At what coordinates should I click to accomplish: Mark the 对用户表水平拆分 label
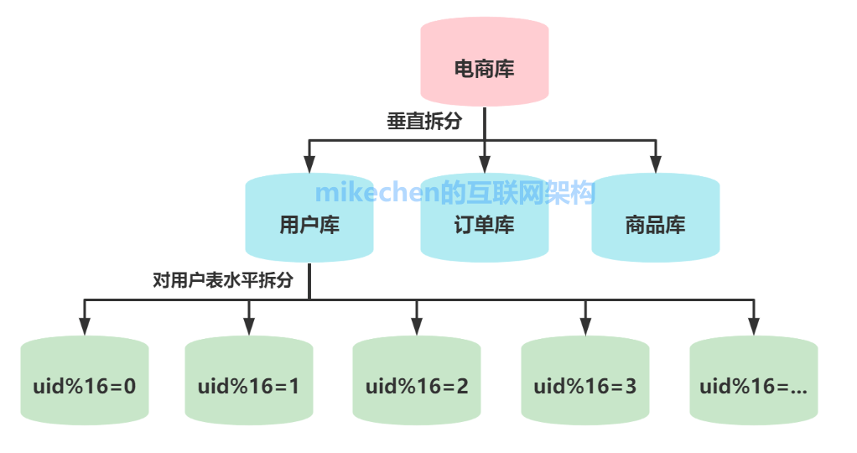[x=223, y=280]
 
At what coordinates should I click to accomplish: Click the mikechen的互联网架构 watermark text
[x=455, y=193]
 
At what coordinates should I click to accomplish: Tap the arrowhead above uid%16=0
[x=84, y=327]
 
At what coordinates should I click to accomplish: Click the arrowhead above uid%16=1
[x=248, y=327]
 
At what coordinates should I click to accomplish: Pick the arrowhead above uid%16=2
[x=417, y=327]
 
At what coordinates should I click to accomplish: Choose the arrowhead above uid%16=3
[x=585, y=327]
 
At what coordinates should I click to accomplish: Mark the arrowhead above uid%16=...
[x=753, y=327]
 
